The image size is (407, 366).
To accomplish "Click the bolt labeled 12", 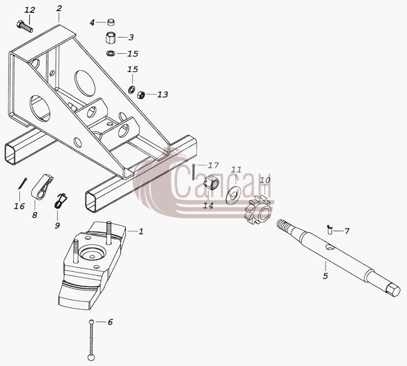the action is point(25,27).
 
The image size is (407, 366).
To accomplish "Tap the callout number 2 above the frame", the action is point(59,8).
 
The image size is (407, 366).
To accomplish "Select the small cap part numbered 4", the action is point(111,23).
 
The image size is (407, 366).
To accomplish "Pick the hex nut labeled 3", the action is point(111,38).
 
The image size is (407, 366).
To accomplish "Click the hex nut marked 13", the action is point(141,95).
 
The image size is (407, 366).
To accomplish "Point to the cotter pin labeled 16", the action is point(22,183).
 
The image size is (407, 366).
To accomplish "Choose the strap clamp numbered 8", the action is point(42,187).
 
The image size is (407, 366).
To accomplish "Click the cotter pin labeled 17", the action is point(194,172).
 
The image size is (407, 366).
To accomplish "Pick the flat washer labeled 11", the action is point(233,195).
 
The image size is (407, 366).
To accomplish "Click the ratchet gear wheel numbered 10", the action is point(258,210).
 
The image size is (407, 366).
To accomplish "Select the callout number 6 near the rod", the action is point(110,322).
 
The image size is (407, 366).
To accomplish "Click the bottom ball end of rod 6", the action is point(91,357).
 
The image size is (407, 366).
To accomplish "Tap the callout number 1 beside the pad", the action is point(141,231).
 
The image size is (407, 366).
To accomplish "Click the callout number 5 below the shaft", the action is point(326,276).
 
